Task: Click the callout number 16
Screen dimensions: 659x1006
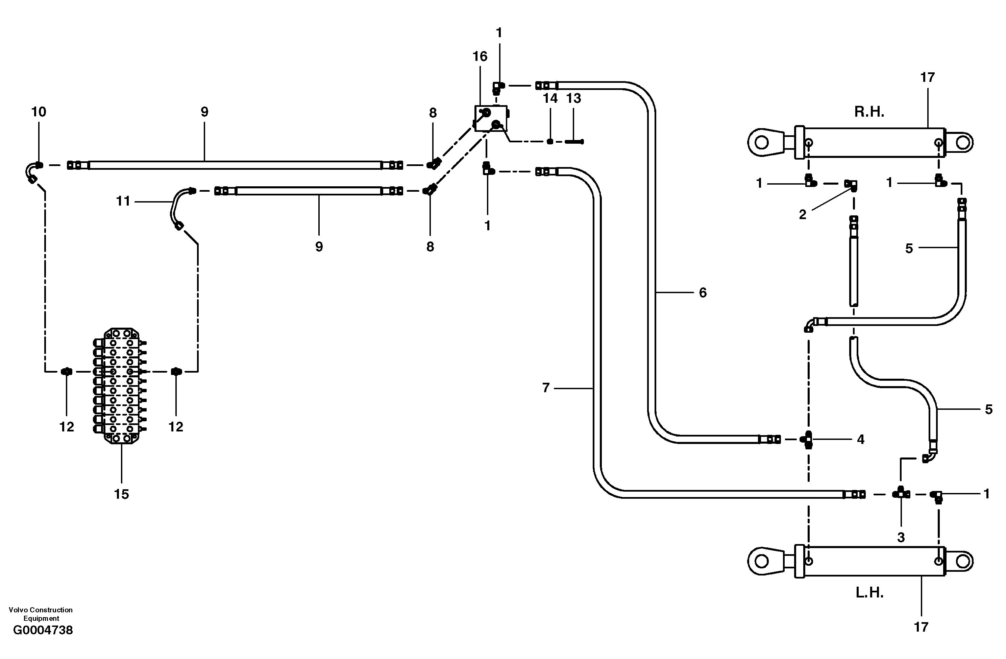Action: [x=480, y=56]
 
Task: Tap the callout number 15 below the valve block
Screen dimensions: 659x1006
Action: [x=121, y=494]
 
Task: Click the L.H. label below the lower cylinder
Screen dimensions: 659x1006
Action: [x=869, y=593]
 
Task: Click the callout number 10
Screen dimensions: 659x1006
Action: [x=39, y=112]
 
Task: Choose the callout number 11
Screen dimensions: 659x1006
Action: [x=123, y=201]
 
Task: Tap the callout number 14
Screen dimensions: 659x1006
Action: [x=550, y=98]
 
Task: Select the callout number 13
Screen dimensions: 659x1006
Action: [x=573, y=98]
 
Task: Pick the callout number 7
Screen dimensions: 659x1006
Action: [x=546, y=387]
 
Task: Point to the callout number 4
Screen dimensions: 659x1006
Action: [x=861, y=440]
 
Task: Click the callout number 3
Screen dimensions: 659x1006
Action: [x=901, y=537]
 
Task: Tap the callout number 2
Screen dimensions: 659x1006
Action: [x=802, y=214]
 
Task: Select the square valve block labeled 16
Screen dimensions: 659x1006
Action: [x=490, y=118]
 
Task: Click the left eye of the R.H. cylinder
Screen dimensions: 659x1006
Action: [x=761, y=142]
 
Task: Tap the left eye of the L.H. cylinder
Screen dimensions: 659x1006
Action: [x=761, y=561]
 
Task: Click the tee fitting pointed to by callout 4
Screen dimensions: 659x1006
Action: [x=808, y=440]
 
